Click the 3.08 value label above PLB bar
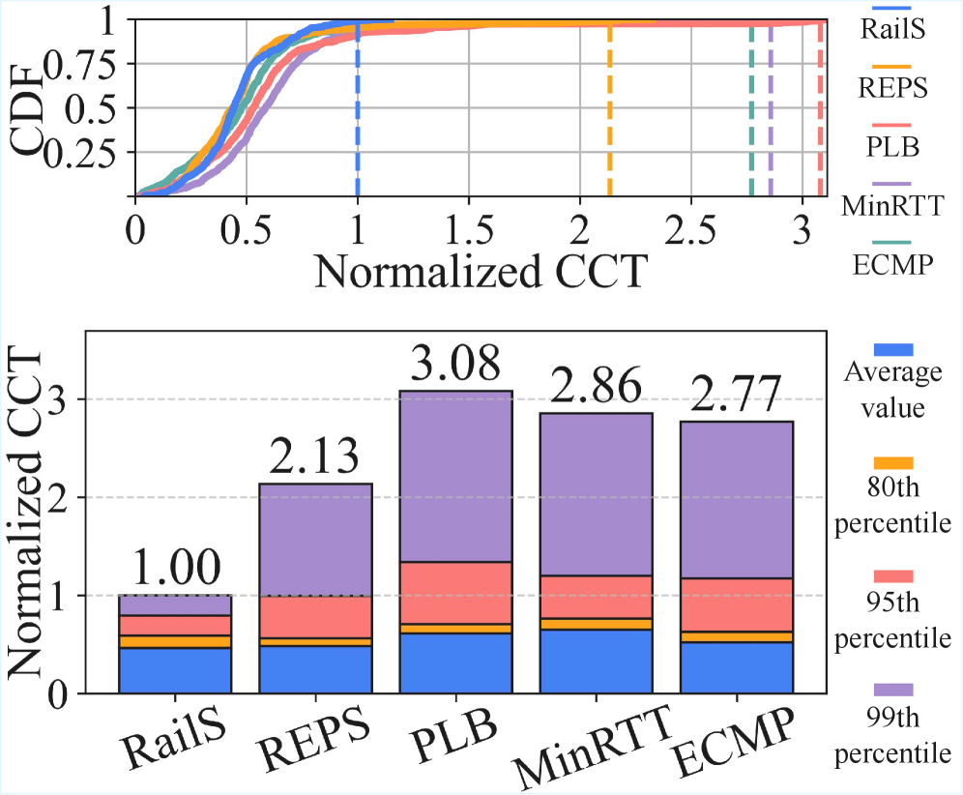(x=456, y=366)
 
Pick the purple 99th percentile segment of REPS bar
(x=316, y=539)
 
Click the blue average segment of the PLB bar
(x=456, y=662)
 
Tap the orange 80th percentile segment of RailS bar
(x=175, y=641)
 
